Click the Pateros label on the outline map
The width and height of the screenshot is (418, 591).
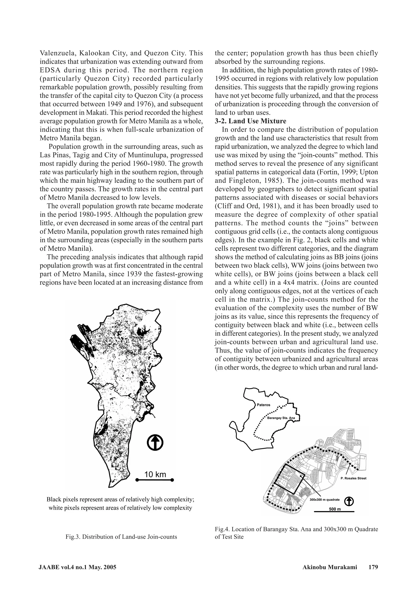coord(263,405)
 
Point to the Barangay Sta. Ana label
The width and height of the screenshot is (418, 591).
coord(281,418)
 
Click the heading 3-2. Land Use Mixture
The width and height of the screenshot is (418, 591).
coord(250,121)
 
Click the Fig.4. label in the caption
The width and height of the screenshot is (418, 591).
coord(223,529)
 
